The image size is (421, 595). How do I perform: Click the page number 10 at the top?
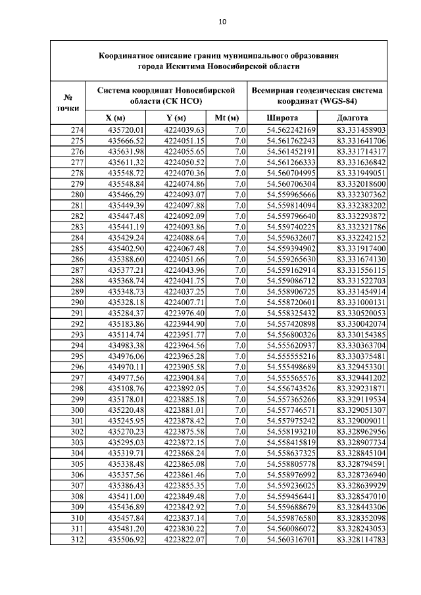coord(222,22)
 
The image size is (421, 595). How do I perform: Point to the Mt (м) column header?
coord(227,118)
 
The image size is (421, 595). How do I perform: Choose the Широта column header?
coord(282,118)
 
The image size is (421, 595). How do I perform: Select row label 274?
coord(77,130)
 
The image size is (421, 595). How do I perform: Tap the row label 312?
coord(77,540)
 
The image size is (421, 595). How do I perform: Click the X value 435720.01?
coord(125,130)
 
